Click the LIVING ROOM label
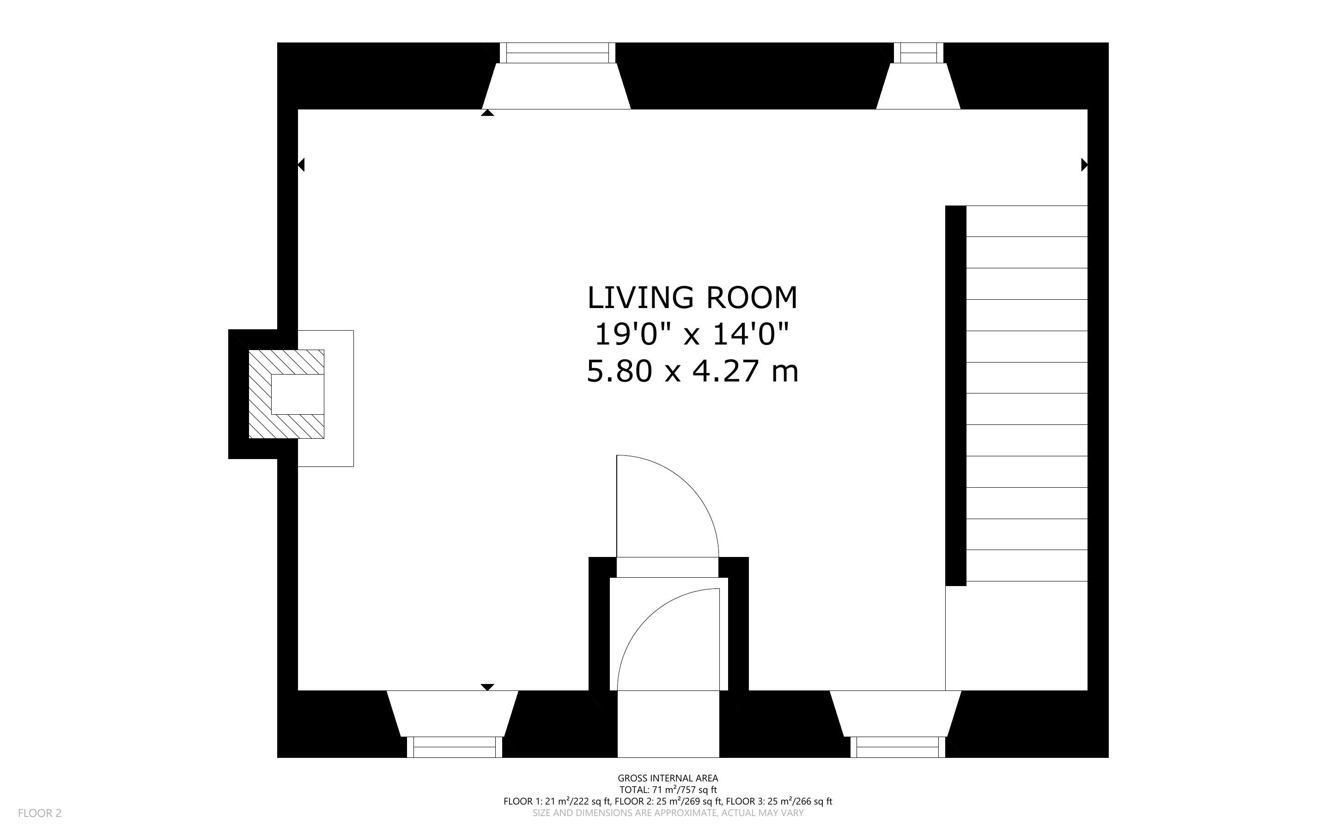click(x=692, y=298)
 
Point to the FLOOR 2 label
click(x=40, y=813)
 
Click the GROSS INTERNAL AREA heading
click(x=668, y=778)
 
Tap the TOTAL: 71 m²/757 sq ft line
click(x=668, y=790)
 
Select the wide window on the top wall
click(x=557, y=53)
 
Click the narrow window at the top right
click(x=918, y=53)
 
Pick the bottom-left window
click(x=455, y=747)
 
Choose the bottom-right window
click(x=897, y=747)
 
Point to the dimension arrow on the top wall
click(x=487, y=113)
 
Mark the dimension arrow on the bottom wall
click(x=487, y=687)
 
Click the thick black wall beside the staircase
click(x=955, y=395)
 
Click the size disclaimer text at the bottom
click(x=668, y=813)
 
